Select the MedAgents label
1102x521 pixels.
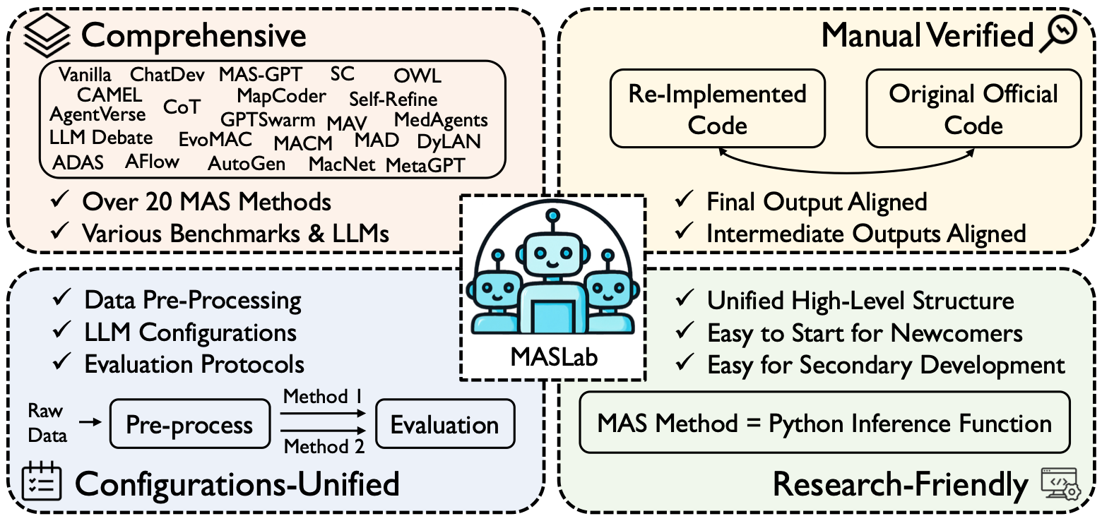click(x=441, y=120)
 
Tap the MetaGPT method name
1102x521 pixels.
click(x=425, y=165)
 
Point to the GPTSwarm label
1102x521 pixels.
click(x=268, y=119)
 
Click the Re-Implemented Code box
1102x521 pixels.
click(x=717, y=109)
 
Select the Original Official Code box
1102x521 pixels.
click(x=973, y=109)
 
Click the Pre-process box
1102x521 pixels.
click(x=189, y=425)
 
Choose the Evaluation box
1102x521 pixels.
click(x=444, y=425)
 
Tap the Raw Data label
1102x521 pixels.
click(x=47, y=423)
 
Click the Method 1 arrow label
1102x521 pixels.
click(x=323, y=397)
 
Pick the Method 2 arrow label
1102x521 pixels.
click(x=323, y=447)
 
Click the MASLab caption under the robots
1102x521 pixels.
click(x=553, y=357)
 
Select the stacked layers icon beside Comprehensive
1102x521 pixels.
click(x=47, y=35)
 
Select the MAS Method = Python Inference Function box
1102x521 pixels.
click(x=824, y=423)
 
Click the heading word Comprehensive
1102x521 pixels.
click(x=194, y=35)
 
